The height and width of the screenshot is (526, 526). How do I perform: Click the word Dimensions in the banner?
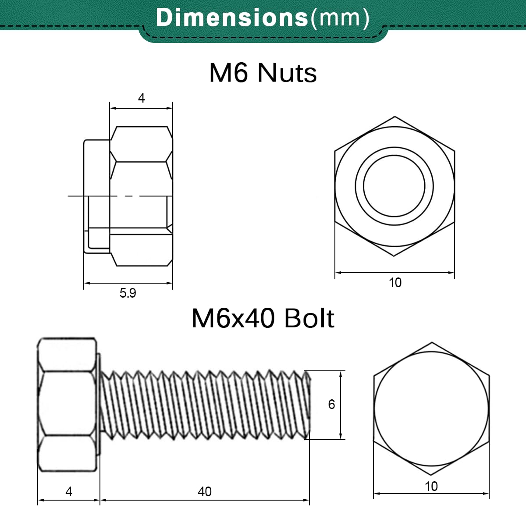point(232,18)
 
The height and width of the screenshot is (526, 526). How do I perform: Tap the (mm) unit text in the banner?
point(340,18)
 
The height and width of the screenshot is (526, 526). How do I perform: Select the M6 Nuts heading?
point(263,73)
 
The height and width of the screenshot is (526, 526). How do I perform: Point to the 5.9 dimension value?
point(128,293)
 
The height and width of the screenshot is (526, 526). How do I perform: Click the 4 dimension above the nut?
point(141,98)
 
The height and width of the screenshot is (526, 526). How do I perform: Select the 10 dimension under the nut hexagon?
point(395,283)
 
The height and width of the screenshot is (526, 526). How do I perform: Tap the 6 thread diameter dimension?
point(331,404)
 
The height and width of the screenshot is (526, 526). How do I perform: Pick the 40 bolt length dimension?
point(204,491)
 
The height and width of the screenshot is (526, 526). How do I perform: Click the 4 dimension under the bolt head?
point(69,491)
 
